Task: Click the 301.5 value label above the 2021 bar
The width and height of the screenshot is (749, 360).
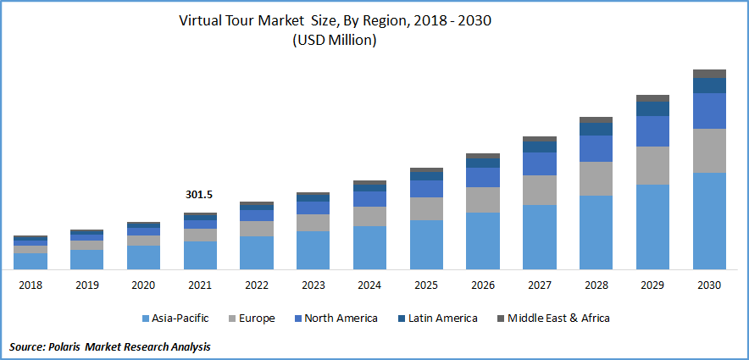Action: (199, 195)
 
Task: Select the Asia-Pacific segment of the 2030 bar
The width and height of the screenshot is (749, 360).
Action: (709, 221)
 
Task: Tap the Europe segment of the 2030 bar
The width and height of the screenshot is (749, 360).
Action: (709, 151)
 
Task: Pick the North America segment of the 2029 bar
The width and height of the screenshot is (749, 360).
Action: (652, 131)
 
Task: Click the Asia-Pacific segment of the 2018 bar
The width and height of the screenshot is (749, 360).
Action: (30, 261)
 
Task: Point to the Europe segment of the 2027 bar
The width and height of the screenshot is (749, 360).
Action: (540, 190)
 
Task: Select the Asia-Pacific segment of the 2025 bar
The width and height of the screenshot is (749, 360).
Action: (426, 245)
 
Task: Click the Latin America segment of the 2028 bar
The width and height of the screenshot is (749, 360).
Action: (596, 130)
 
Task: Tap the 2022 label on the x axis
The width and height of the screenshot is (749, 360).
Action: (256, 285)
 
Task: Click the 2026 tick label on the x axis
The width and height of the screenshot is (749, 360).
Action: (483, 285)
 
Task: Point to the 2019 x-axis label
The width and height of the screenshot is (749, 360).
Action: (86, 285)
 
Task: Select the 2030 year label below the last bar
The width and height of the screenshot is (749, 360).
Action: (709, 285)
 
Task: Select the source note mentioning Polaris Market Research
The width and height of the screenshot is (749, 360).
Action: (109, 346)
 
